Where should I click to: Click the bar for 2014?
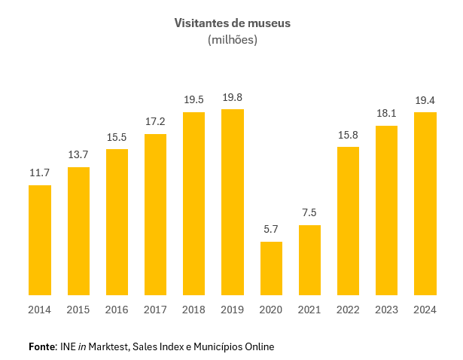pyautogui.click(x=40, y=240)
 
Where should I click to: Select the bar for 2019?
pyautogui.click(x=233, y=202)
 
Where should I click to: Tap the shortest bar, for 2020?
pyautogui.click(x=271, y=268)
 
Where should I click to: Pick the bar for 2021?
pyautogui.click(x=309, y=260)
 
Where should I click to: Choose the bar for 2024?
pyautogui.click(x=425, y=203)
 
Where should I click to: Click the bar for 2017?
pyautogui.click(x=155, y=215)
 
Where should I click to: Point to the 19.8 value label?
pyautogui.click(x=233, y=98)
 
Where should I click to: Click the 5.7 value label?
pyautogui.click(x=271, y=230)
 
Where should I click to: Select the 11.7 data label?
pyautogui.click(x=40, y=173)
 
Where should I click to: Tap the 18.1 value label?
pyautogui.click(x=387, y=114)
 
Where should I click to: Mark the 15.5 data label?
pyautogui.click(x=117, y=137)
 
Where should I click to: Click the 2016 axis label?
pyautogui.click(x=117, y=310)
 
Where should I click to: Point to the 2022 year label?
pyautogui.click(x=348, y=310)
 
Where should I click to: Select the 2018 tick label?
pyautogui.click(x=194, y=310)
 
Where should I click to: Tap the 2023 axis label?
pyautogui.click(x=387, y=310)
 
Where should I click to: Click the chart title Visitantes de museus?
pyautogui.click(x=232, y=23)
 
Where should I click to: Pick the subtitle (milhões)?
pyautogui.click(x=232, y=40)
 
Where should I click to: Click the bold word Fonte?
pyautogui.click(x=42, y=346)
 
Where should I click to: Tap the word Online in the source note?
pyautogui.click(x=259, y=346)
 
